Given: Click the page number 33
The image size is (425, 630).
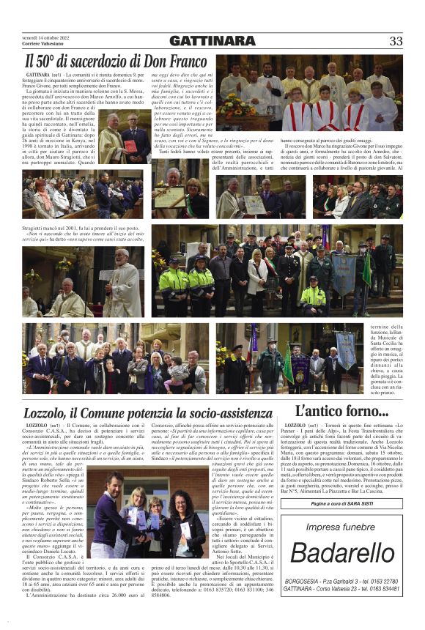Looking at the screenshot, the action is (x=396, y=41).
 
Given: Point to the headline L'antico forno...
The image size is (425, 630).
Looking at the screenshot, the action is (x=341, y=411).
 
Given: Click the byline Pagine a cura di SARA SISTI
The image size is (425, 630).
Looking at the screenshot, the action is (x=341, y=505).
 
